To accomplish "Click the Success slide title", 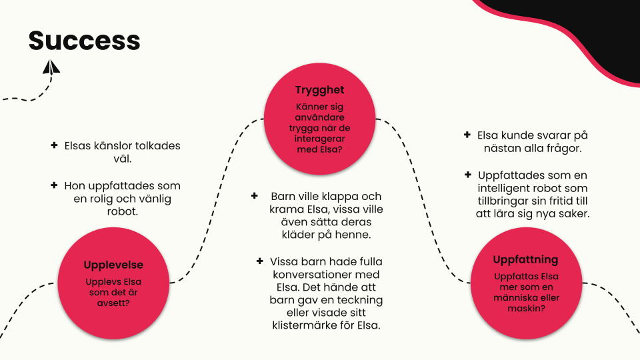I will click(x=84, y=41).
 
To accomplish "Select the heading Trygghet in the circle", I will click(x=319, y=90).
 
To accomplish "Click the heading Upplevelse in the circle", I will click(x=113, y=265).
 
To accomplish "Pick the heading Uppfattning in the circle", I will click(x=525, y=259).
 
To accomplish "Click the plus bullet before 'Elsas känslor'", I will click(x=54, y=145).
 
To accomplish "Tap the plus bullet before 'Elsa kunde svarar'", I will click(x=467, y=135).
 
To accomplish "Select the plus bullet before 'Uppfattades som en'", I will click(x=467, y=175).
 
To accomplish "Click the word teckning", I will click(x=361, y=300).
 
